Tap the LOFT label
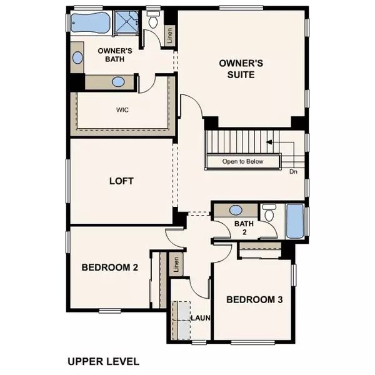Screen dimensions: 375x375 click(x=122, y=181)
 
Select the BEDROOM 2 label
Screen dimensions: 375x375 click(x=110, y=267)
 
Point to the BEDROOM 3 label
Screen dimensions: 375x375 click(x=255, y=299)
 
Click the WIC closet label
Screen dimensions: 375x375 click(x=122, y=109)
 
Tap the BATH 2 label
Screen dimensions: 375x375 click(x=242, y=227)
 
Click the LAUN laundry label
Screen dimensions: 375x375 click(x=200, y=318)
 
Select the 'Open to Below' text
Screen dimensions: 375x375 click(x=243, y=162)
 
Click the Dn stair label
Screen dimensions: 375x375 click(x=293, y=171)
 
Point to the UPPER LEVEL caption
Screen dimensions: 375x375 click(x=103, y=361)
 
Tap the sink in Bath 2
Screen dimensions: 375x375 click(x=237, y=211)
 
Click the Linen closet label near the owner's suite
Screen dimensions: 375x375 click(x=169, y=36)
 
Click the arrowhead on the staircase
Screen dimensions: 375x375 click(x=269, y=142)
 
